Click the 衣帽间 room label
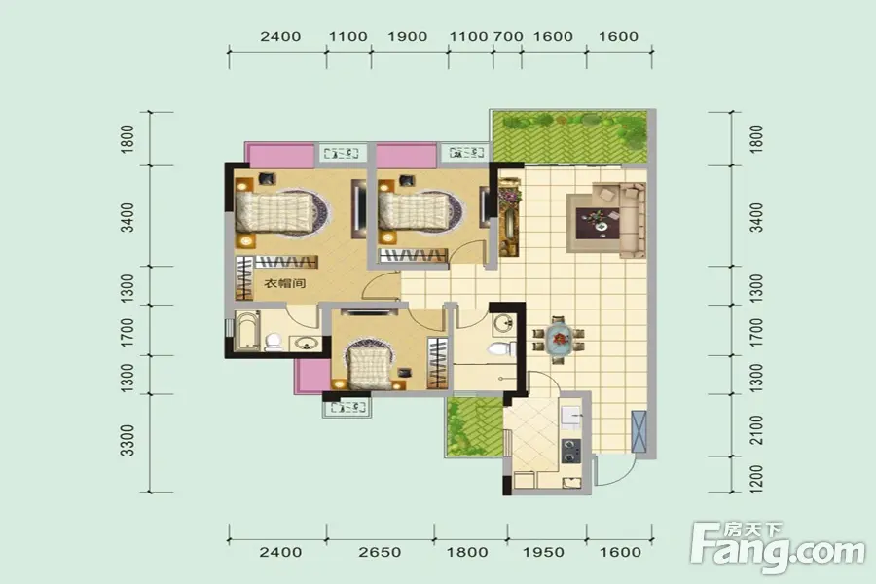pyautogui.click(x=285, y=283)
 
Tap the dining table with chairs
pyautogui.click(x=559, y=339)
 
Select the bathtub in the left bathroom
pyautogui.click(x=246, y=331)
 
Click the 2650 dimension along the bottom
pyautogui.click(x=380, y=552)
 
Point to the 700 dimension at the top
pyautogui.click(x=508, y=37)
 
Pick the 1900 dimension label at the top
pyautogui.click(x=407, y=37)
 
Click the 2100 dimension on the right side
pyautogui.click(x=756, y=430)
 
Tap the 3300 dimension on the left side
pyautogui.click(x=128, y=440)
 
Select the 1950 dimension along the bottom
pyautogui.click(x=543, y=552)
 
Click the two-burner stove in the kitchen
pyautogui.click(x=570, y=451)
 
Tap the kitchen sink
pyautogui.click(x=571, y=417)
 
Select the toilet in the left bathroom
pyautogui.click(x=274, y=342)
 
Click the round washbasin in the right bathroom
pyautogui.click(x=504, y=323)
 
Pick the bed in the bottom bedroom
pyautogui.click(x=369, y=366)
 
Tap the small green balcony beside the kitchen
pyautogui.click(x=474, y=426)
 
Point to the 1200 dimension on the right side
pyautogui.click(x=756, y=478)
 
